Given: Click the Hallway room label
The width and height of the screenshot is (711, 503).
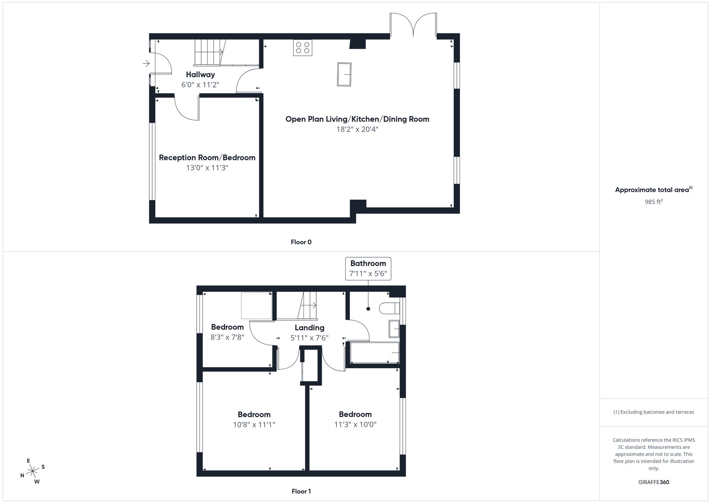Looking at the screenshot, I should (x=200, y=75).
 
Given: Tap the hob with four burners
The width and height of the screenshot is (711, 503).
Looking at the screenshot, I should (x=303, y=48).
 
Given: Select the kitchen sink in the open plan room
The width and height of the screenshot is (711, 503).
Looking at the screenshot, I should (x=344, y=74).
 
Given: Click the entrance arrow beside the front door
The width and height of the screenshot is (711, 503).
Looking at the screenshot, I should (x=146, y=64).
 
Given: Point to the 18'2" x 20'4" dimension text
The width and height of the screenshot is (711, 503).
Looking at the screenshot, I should (x=357, y=129).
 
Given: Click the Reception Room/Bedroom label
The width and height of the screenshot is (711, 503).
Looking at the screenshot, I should (x=207, y=157).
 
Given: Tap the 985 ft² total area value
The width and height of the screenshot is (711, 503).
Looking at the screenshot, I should (x=653, y=202).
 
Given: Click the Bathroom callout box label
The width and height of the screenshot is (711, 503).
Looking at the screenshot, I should (x=368, y=263).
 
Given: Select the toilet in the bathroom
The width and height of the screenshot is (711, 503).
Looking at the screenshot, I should (x=389, y=308).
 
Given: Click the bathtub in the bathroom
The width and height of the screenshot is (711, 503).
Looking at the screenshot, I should (x=374, y=353).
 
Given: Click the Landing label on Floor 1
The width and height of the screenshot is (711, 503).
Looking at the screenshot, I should (x=309, y=328).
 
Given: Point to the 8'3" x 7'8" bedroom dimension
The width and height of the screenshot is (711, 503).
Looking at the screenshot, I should (x=227, y=337).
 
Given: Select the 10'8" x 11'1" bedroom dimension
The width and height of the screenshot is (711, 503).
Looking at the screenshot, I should (x=254, y=424).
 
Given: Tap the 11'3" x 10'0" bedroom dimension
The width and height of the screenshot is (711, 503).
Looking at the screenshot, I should (x=355, y=424).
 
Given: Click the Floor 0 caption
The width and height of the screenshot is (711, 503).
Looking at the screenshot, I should (x=301, y=242).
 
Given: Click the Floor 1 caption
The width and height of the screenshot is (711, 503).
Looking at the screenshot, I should (x=301, y=491).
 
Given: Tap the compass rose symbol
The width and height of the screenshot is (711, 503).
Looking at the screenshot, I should (x=33, y=471).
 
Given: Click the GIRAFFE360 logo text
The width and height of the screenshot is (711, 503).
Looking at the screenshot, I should (x=653, y=482).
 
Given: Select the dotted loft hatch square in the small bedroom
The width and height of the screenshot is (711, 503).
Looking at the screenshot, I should (x=256, y=305).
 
